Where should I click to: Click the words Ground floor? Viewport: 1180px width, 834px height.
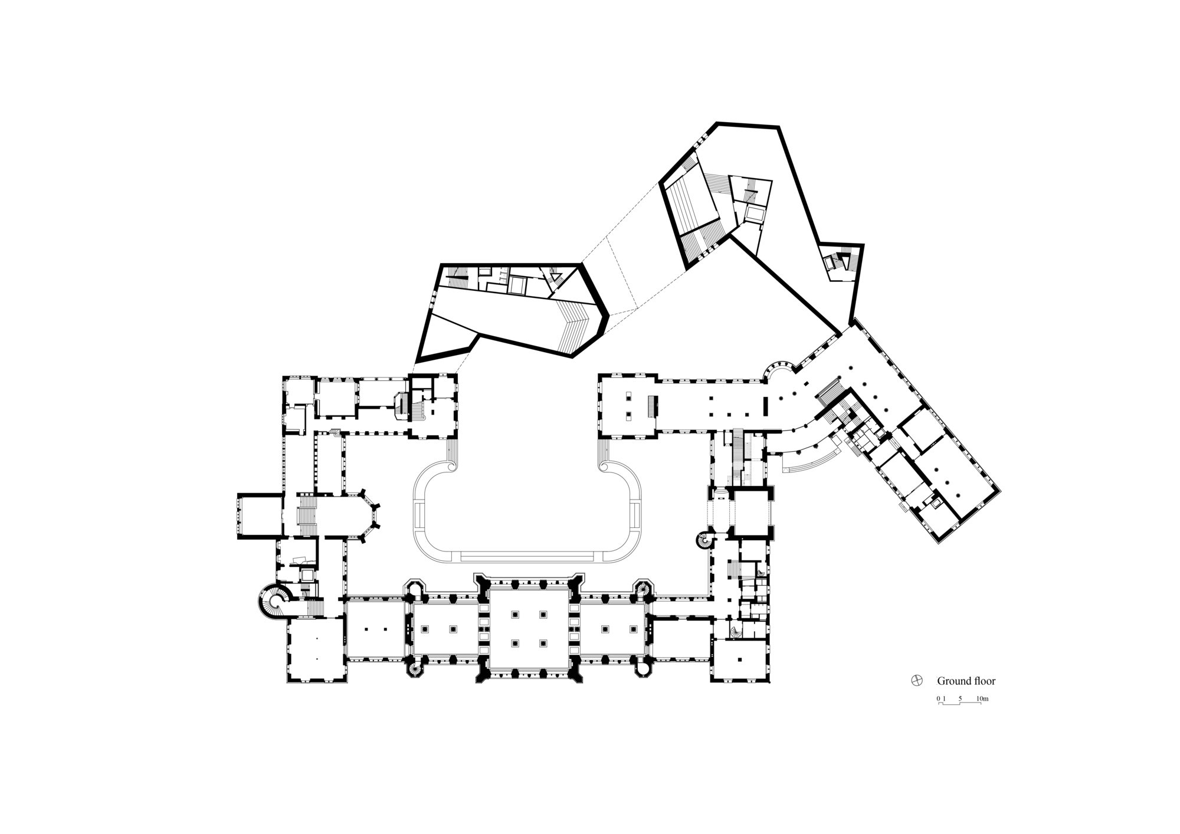click(x=966, y=681)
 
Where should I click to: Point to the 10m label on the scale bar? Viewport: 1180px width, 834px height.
click(x=982, y=699)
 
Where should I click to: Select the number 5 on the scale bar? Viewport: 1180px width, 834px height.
click(x=960, y=699)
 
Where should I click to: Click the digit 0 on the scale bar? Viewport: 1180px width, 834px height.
click(x=938, y=699)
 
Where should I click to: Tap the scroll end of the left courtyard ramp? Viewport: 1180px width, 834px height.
click(x=453, y=467)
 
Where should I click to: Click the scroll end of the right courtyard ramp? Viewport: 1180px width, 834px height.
click(x=604, y=467)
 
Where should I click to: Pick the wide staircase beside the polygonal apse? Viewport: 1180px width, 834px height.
click(x=307, y=515)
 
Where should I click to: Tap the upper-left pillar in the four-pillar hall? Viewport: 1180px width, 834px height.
click(x=515, y=615)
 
